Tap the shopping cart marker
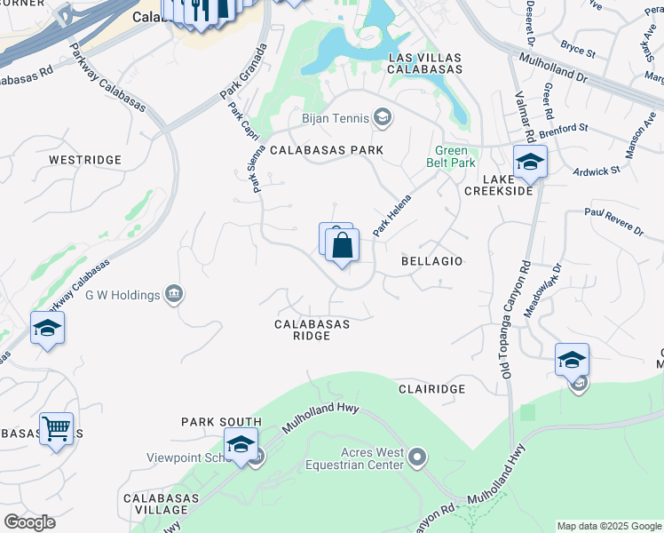click(x=56, y=429)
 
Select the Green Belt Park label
click(x=455, y=156)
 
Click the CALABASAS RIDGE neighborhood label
click(x=312, y=330)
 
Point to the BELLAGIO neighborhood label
click(x=432, y=261)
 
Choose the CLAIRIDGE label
click(x=431, y=389)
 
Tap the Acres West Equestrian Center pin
click(x=418, y=457)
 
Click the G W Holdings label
click(x=123, y=294)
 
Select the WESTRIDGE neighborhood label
click(x=84, y=160)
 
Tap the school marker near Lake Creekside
click(x=530, y=163)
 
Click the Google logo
click(x=29, y=522)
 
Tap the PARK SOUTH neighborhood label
click(x=221, y=422)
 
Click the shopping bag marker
click(x=343, y=245)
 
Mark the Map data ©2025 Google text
click(x=608, y=526)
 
